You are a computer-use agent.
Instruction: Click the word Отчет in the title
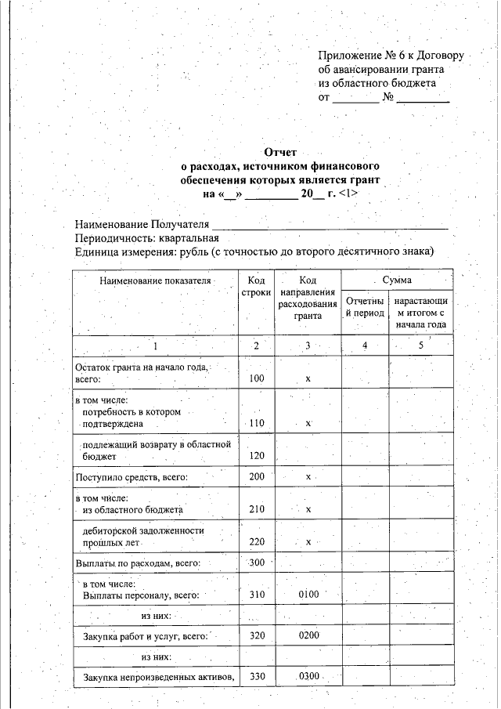(x=280, y=154)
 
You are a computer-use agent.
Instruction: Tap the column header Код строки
(x=256, y=286)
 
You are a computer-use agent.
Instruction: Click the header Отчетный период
(x=365, y=307)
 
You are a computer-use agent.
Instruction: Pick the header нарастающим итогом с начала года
(x=420, y=313)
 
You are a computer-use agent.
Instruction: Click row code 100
(x=256, y=378)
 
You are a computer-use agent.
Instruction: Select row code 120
(x=256, y=455)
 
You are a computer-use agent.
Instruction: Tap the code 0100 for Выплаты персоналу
(x=308, y=595)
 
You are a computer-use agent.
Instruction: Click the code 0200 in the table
(x=308, y=635)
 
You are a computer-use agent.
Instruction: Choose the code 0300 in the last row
(x=308, y=676)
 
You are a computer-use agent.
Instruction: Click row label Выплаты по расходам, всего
(x=139, y=562)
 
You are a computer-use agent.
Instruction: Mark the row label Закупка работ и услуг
(x=145, y=636)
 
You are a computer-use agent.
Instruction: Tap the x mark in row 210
(x=308, y=510)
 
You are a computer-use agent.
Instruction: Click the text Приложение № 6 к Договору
(x=391, y=56)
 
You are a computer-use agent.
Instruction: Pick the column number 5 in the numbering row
(x=420, y=345)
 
